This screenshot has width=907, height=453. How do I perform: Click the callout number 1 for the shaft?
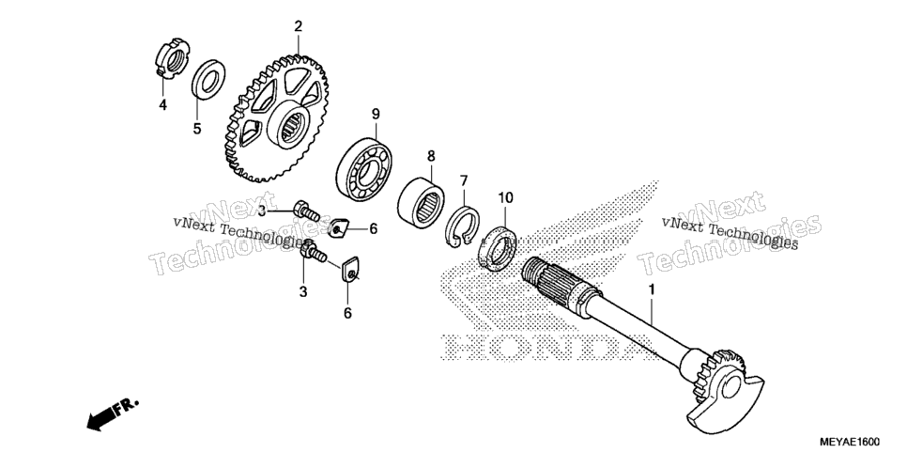652,289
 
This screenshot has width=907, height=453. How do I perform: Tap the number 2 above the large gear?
298,26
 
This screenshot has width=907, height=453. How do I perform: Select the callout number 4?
163,105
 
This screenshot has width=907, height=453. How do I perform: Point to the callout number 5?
197,129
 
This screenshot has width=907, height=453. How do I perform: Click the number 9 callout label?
376,114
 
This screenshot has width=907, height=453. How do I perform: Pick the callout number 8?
431,156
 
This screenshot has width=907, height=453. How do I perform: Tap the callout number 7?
464,180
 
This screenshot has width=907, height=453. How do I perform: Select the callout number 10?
505,198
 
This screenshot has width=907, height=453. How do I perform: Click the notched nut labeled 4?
171,58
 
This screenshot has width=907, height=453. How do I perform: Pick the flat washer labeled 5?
208,79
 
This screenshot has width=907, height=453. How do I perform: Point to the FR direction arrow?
113,414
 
